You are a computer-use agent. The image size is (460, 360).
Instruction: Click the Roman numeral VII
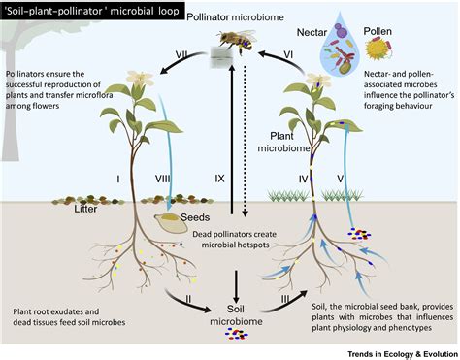178,52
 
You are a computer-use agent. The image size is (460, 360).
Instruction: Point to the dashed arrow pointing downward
245,146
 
